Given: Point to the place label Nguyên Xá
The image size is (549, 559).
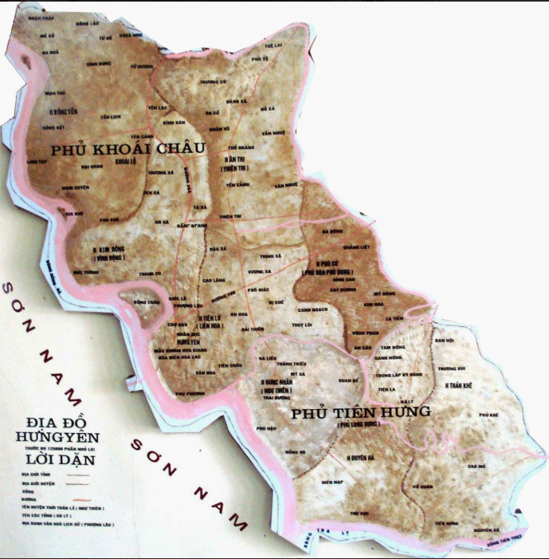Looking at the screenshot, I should click(x=484, y=529).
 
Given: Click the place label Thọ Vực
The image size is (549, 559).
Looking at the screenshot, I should click(x=359, y=513).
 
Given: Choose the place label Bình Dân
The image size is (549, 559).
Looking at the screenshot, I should click(x=174, y=123).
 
